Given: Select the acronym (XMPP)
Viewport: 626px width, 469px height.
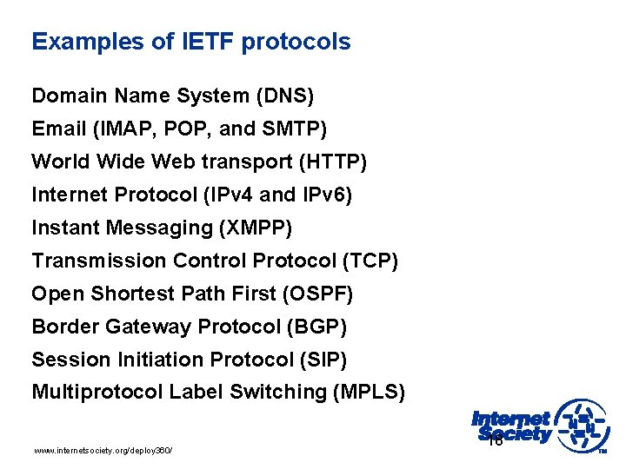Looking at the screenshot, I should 257,228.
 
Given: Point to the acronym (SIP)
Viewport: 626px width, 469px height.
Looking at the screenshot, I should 329,360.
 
